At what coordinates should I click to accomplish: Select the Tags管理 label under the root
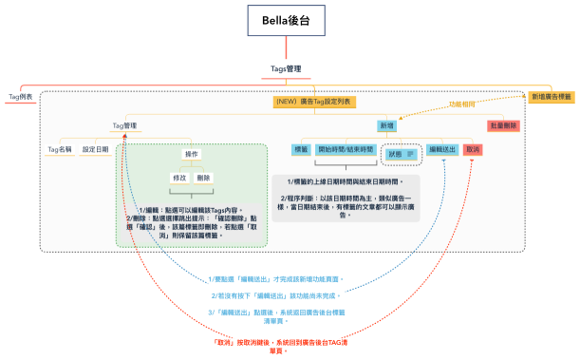tap(286, 68)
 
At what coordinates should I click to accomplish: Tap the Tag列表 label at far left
tap(20, 97)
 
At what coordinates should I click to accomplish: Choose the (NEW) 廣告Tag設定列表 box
tap(312, 101)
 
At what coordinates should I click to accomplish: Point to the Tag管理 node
tap(124, 125)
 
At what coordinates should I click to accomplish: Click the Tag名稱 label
tap(60, 149)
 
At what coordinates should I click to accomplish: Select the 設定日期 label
tap(96, 149)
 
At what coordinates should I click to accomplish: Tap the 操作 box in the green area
tap(192, 154)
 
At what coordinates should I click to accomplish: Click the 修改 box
tap(178, 178)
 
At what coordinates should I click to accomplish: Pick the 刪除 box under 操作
tap(204, 178)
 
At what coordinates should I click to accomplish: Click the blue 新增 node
tap(387, 125)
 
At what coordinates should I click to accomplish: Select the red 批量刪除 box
tap(502, 125)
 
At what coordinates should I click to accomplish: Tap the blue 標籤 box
tap(302, 150)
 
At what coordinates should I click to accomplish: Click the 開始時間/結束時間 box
tap(346, 150)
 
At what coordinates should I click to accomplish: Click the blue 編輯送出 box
tap(443, 150)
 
